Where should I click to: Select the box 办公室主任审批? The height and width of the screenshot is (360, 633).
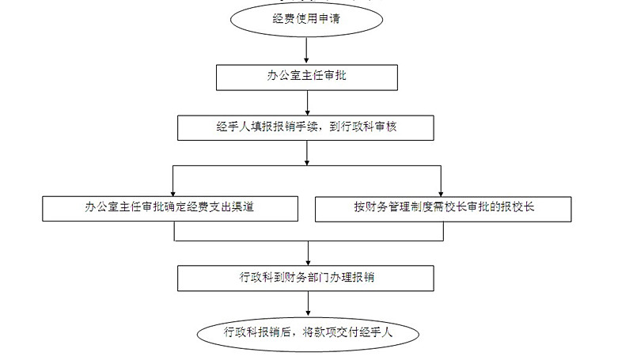[305, 76]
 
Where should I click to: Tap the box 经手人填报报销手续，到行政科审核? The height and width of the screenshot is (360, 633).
[305, 127]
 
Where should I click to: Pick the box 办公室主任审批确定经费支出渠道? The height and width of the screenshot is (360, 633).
[169, 208]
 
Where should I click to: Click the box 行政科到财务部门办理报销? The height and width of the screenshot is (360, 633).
[305, 277]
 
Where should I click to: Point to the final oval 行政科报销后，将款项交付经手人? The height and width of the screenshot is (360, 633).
[307, 332]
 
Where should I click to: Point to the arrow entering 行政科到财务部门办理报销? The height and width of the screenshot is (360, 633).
[307, 255]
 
